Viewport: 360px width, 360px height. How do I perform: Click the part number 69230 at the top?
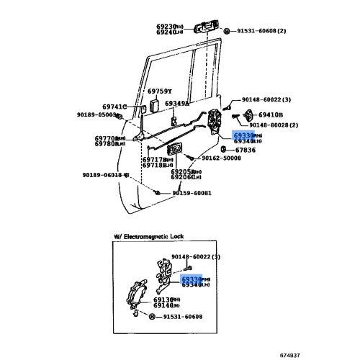(167, 26)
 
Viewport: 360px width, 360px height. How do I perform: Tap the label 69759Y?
(160, 91)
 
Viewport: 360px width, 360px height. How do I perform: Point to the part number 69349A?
(177, 104)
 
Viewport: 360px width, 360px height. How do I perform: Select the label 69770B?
(108, 138)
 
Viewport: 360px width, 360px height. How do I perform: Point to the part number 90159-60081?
(192, 193)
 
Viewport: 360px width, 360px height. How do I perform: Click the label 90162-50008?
(221, 158)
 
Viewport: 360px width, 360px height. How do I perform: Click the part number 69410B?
(271, 114)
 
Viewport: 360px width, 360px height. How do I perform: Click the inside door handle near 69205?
(174, 150)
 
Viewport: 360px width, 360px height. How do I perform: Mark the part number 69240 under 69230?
(167, 33)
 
